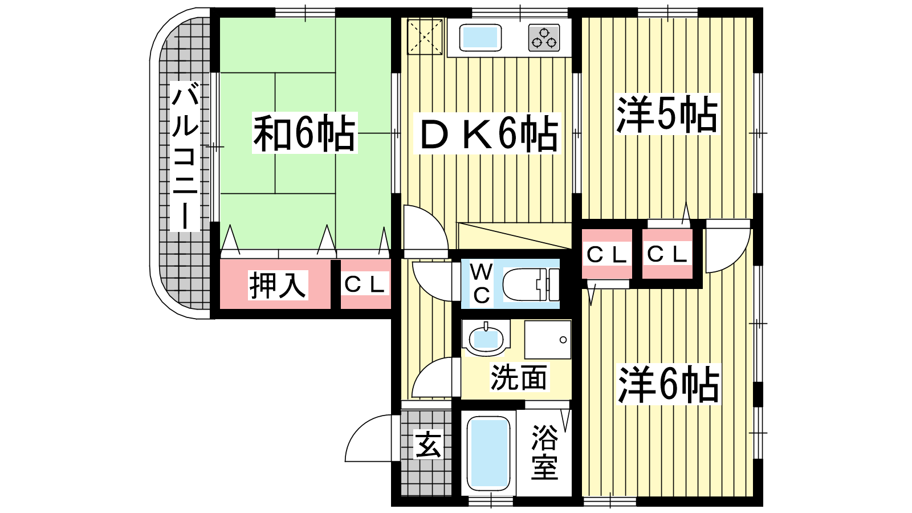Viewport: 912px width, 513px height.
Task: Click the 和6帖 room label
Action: [304, 133]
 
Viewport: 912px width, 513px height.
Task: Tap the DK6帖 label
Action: [487, 133]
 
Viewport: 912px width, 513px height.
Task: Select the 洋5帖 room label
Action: [667, 115]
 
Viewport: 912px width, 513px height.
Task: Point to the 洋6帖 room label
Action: [668, 384]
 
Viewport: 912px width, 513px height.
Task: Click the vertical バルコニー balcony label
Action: [185, 156]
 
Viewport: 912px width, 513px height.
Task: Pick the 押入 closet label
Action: [278, 285]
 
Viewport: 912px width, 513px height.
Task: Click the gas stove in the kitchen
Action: [544, 38]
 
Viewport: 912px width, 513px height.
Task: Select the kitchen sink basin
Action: [481, 38]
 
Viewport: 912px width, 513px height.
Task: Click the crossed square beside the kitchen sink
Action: [425, 36]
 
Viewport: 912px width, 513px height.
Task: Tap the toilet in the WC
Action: [531, 284]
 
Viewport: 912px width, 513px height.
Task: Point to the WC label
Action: [482, 284]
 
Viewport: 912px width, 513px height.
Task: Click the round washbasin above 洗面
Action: [486, 338]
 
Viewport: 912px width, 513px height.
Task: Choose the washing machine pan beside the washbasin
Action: [548, 340]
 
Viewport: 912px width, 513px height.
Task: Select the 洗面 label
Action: [519, 377]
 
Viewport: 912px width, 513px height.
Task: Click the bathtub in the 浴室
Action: [488, 455]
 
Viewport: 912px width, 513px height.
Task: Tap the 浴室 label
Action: [544, 453]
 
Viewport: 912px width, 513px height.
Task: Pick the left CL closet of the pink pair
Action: [606, 254]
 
